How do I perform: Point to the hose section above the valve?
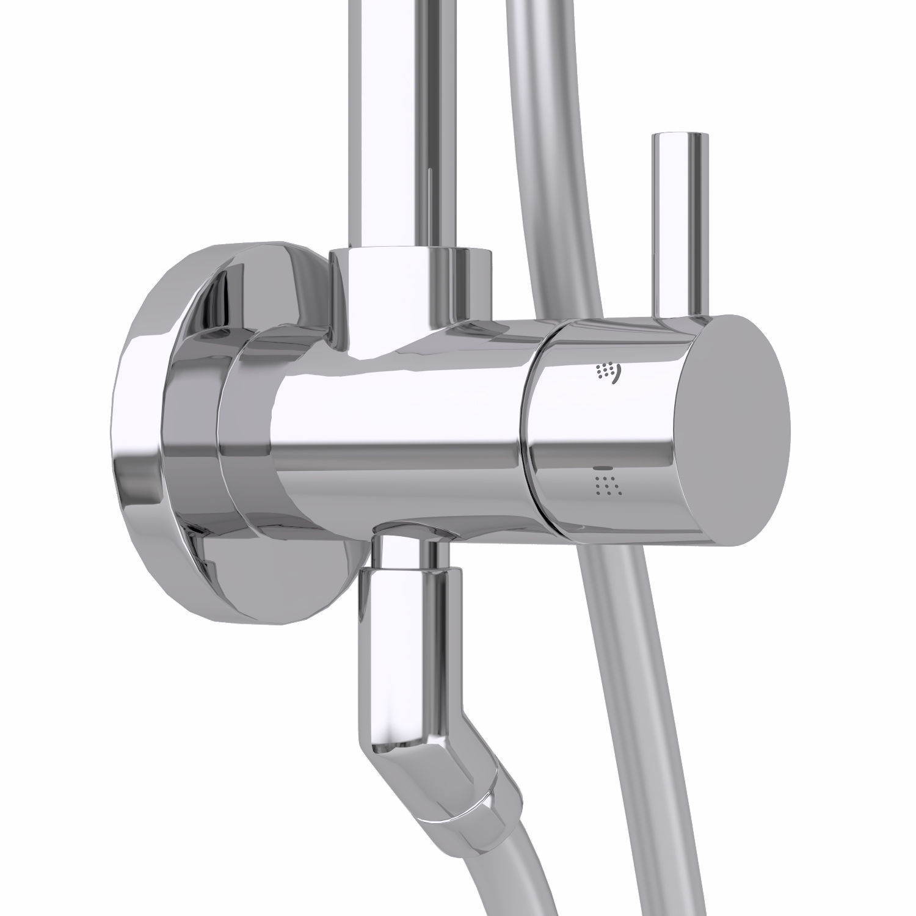pyautogui.click(x=550, y=153)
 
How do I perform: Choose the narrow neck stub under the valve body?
pyautogui.click(x=406, y=550)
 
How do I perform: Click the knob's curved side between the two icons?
pyautogui.click(x=605, y=427)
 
